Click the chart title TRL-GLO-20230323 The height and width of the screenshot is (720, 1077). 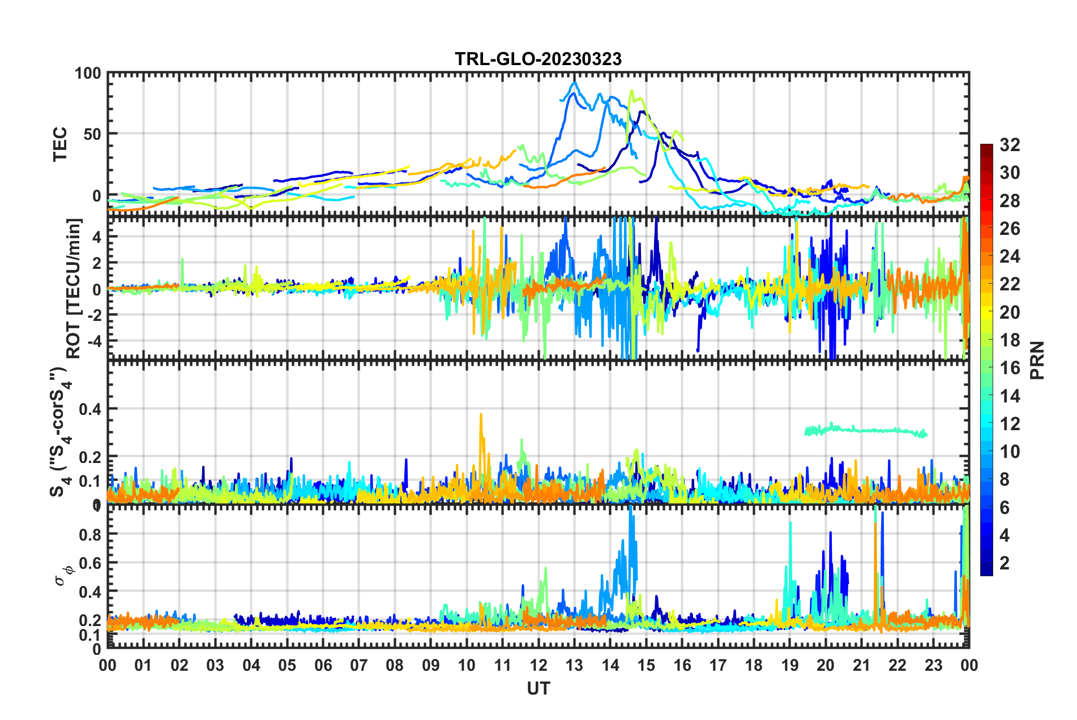538,59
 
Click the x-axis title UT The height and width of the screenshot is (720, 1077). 538,688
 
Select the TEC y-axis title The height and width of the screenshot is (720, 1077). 59,144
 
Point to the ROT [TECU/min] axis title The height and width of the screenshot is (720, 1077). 74,288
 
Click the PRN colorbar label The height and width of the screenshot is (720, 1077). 1037,360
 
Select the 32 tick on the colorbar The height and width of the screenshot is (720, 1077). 1010,145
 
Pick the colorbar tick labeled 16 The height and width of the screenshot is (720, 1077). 1010,368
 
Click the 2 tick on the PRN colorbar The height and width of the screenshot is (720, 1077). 1005,563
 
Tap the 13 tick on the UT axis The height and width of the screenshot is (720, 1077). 574,665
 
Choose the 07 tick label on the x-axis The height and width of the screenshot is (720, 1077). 358,665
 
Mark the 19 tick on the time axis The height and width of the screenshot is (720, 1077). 789,665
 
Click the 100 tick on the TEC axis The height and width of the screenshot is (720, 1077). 88,74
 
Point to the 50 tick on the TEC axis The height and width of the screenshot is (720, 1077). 92,134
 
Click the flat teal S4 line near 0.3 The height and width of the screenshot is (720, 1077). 866,431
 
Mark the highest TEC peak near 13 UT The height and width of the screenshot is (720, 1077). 575,83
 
